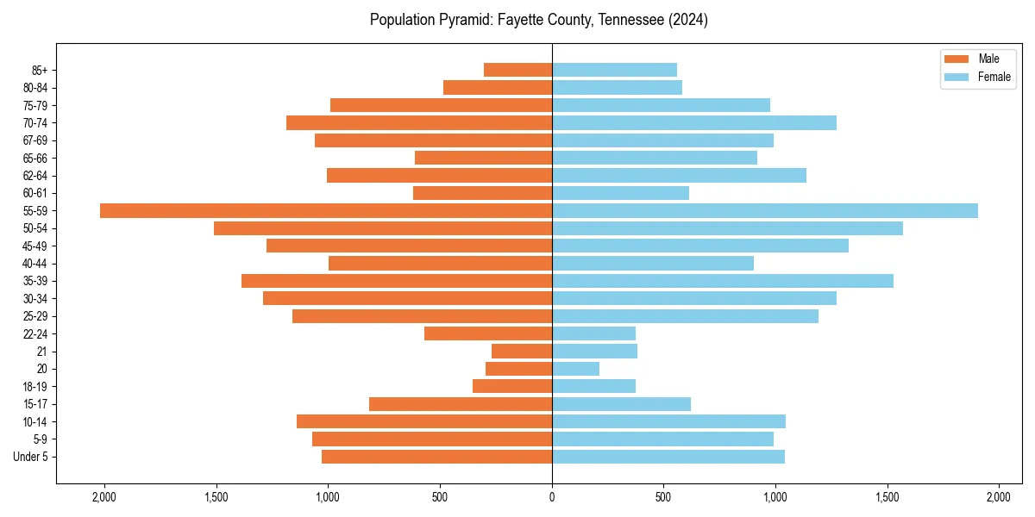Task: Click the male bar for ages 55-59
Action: pos(326,210)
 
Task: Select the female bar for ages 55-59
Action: pos(765,210)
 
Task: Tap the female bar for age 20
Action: pos(575,369)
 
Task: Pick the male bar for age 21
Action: pos(522,352)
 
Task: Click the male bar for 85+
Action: pos(517,70)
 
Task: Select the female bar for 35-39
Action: pos(723,281)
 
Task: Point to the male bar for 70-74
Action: pos(419,122)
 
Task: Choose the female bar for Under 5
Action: pos(668,457)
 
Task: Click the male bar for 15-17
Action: pos(461,404)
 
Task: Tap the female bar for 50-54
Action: pos(727,228)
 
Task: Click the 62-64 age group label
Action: pos(35,176)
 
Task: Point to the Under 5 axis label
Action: pos(30,457)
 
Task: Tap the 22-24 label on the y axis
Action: pos(35,334)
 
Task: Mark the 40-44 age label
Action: pos(35,264)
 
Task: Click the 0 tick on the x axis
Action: pos(552,497)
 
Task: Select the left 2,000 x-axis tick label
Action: pos(104,497)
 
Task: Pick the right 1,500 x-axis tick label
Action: pos(888,497)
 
